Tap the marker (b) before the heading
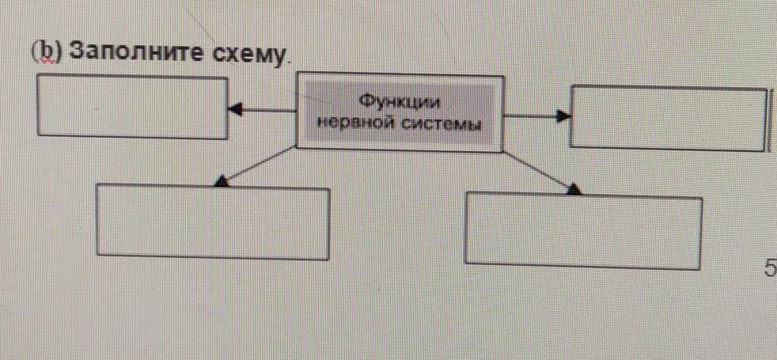[47, 51]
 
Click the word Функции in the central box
[399, 102]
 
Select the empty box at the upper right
[669, 116]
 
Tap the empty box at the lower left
[213, 223]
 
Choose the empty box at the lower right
[583, 230]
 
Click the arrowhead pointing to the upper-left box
[234, 110]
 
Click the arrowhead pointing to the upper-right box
[563, 116]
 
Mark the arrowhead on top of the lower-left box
[222, 182]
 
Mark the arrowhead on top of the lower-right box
[575, 188]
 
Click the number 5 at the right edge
[770, 269]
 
